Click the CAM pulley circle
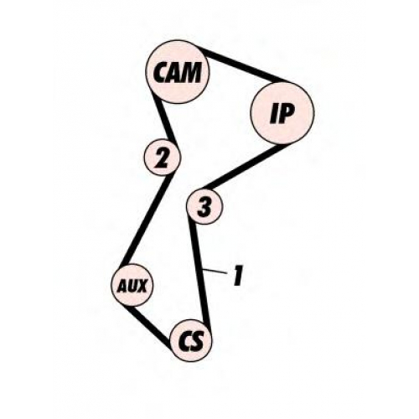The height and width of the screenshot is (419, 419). [x=178, y=72]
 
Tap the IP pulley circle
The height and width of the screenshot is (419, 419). [x=282, y=112]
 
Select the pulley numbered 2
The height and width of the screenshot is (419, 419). [x=163, y=158]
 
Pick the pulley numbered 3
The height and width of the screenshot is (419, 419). [x=204, y=206]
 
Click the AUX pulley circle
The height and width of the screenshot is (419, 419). [x=132, y=285]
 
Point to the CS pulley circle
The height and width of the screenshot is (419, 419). [x=191, y=340]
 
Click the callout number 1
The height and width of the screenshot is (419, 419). [x=238, y=275]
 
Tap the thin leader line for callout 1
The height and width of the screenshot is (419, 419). [x=215, y=272]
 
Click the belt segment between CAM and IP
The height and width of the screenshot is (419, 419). [x=243, y=65]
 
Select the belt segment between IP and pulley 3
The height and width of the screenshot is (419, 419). [x=242, y=167]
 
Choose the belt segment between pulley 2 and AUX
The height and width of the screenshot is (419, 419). [x=145, y=220]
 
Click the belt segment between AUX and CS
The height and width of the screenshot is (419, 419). [x=149, y=326]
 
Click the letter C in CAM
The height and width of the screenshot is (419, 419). [x=161, y=72]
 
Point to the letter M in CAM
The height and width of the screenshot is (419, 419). [x=191, y=72]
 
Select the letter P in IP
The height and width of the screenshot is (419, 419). [x=286, y=114]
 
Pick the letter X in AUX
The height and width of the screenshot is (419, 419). [x=142, y=286]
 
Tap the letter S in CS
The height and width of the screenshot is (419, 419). [x=198, y=341]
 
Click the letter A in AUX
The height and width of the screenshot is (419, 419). [x=122, y=286]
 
